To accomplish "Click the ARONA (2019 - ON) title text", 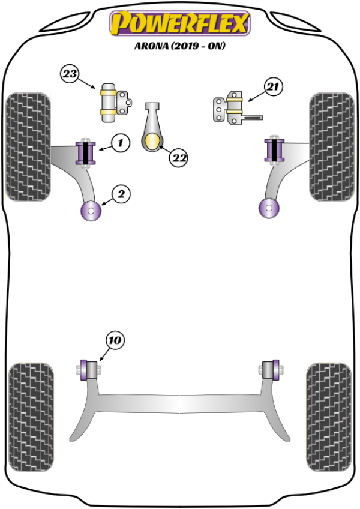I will pos(179,46).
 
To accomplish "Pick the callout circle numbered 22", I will pos(178,158).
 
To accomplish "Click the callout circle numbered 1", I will pos(120,143).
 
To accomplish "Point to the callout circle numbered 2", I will pos(120,193).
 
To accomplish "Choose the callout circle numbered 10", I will pos(115,340).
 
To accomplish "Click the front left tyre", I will pos(28,146).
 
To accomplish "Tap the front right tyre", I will pos(331,146).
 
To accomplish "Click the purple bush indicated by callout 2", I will pos(91,210).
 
